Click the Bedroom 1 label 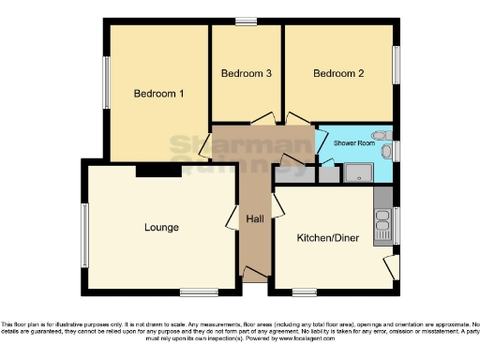(x=157, y=94)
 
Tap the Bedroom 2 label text (x=337, y=74)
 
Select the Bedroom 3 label (x=247, y=74)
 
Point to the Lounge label (x=161, y=228)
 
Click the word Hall (x=254, y=219)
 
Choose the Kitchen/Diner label (x=328, y=238)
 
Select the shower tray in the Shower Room (x=358, y=172)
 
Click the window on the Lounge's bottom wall (x=200, y=292)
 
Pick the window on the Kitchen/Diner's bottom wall (x=304, y=292)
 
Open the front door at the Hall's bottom (x=254, y=274)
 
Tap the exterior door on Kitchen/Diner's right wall (x=392, y=266)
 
